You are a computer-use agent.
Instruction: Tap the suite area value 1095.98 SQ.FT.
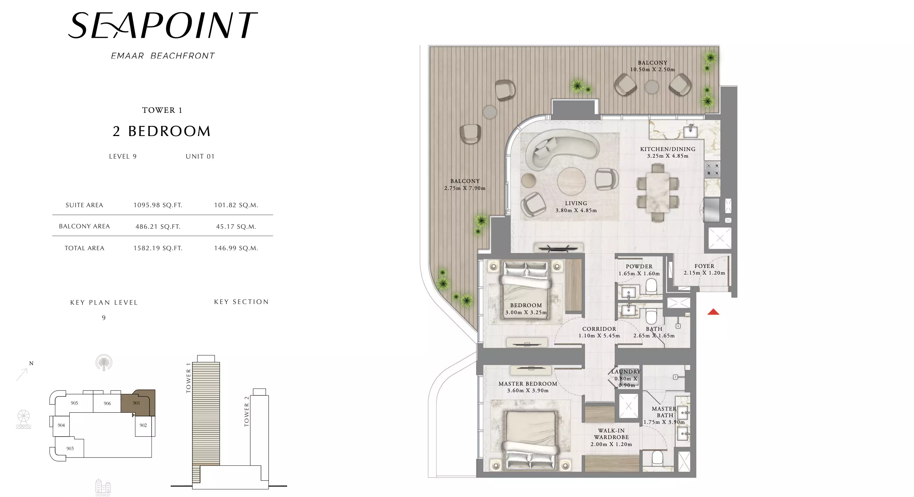click(158, 205)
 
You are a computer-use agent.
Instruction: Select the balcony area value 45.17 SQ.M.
click(236, 227)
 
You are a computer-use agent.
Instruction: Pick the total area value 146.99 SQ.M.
click(236, 248)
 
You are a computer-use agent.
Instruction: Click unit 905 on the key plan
click(74, 403)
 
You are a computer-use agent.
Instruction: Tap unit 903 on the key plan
click(70, 448)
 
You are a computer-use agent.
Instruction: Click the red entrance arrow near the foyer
click(713, 312)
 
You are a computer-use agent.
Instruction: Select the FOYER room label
click(704, 266)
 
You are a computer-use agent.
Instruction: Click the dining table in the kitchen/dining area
click(658, 192)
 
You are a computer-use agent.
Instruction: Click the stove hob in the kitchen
click(712, 169)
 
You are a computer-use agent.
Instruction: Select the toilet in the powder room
click(651, 285)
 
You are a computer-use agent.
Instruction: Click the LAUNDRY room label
click(626, 372)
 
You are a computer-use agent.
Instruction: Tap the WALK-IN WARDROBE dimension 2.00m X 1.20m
click(611, 444)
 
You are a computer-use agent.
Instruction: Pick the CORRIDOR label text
click(599, 329)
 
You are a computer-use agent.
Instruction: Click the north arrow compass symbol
click(22, 374)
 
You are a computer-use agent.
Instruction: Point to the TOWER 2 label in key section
click(247, 411)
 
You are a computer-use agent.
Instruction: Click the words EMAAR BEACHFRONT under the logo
click(163, 56)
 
